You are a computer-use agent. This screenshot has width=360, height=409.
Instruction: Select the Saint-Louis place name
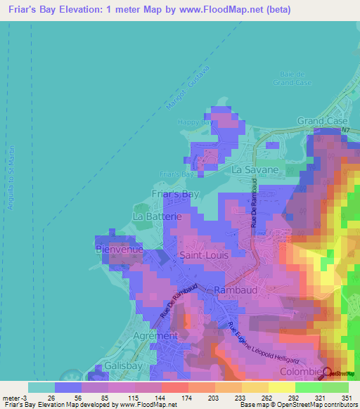tap(204, 255)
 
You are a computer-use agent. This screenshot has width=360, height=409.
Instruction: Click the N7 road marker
tap(345, 130)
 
